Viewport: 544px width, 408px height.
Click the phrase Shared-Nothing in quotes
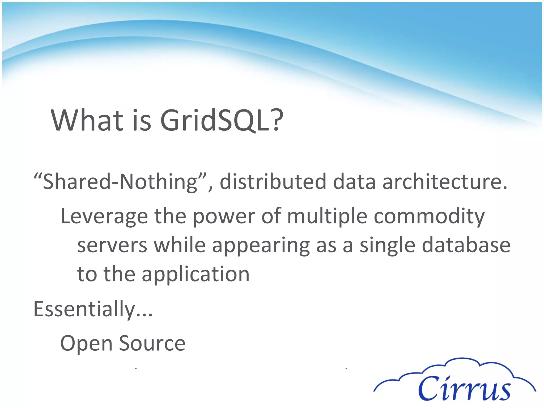(120, 182)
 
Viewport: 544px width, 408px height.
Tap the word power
(224, 216)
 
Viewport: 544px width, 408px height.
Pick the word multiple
(327, 216)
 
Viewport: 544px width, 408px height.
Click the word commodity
(429, 216)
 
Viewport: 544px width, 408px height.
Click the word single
(387, 246)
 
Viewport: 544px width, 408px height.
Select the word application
(195, 274)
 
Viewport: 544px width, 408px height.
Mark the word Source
(152, 343)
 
